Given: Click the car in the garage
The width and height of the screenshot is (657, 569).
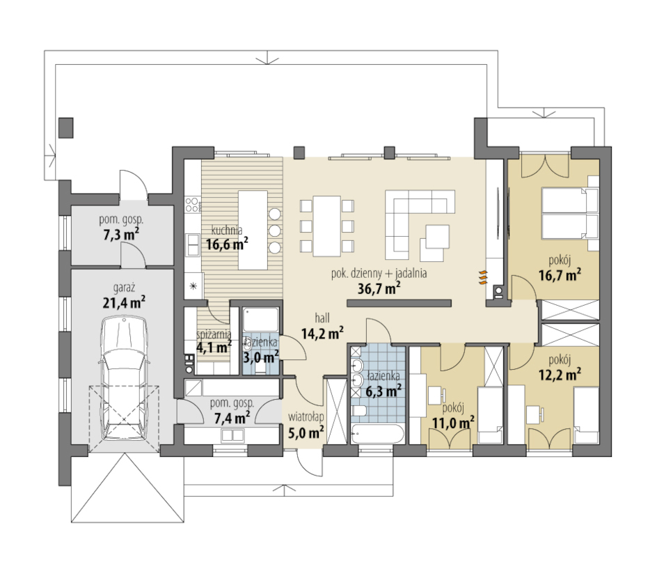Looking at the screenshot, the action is (124, 379).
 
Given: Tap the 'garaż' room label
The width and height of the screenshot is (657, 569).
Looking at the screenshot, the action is (124, 288).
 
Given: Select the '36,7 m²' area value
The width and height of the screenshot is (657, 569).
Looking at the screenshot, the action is (379, 288).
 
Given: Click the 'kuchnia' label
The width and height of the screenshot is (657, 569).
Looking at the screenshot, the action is (227, 231).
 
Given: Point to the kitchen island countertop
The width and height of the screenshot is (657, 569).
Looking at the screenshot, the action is (253, 230).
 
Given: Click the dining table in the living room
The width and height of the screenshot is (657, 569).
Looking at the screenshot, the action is (327, 226).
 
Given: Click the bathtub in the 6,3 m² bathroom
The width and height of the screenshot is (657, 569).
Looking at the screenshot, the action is (377, 434).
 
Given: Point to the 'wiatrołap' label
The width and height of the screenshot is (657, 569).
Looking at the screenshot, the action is (306, 416).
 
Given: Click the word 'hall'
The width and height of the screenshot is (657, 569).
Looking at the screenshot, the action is (322, 318).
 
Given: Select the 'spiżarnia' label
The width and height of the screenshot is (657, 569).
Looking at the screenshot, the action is (214, 334).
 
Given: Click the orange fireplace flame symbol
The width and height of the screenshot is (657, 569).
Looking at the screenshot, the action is (483, 278).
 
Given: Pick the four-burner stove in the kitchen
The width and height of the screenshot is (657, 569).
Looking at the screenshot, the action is (192, 204).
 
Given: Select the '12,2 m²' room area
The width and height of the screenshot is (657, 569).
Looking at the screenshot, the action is (560, 373).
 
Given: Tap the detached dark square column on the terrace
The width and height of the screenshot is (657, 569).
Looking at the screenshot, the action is (66, 128).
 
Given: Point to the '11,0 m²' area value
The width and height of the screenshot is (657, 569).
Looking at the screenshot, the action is (453, 422).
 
